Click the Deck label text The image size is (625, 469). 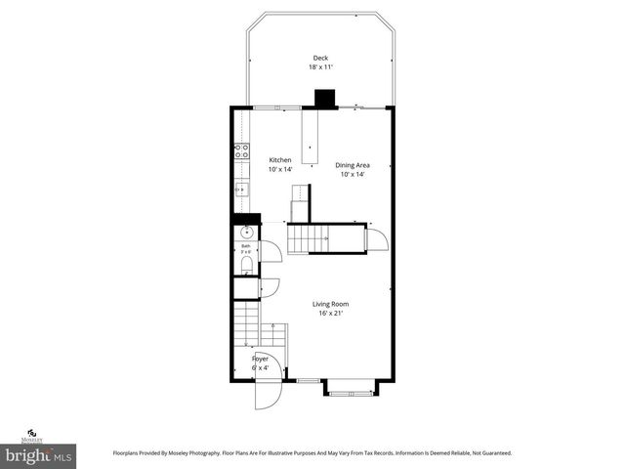click(x=319, y=57)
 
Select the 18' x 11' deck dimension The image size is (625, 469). click(x=319, y=67)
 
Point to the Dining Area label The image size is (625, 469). click(x=352, y=165)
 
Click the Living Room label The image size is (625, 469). click(x=330, y=304)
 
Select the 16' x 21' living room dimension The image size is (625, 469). click(x=330, y=315)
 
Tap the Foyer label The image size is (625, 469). click(x=260, y=359)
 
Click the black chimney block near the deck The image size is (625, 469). click(x=324, y=99)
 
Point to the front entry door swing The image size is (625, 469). click(x=266, y=393)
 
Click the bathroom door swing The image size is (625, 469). click(x=271, y=251)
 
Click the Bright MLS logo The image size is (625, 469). click(x=39, y=454)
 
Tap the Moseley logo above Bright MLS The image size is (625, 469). click(x=31, y=434)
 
